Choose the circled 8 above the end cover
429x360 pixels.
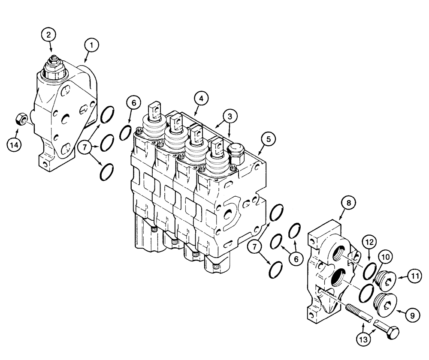(348, 204)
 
